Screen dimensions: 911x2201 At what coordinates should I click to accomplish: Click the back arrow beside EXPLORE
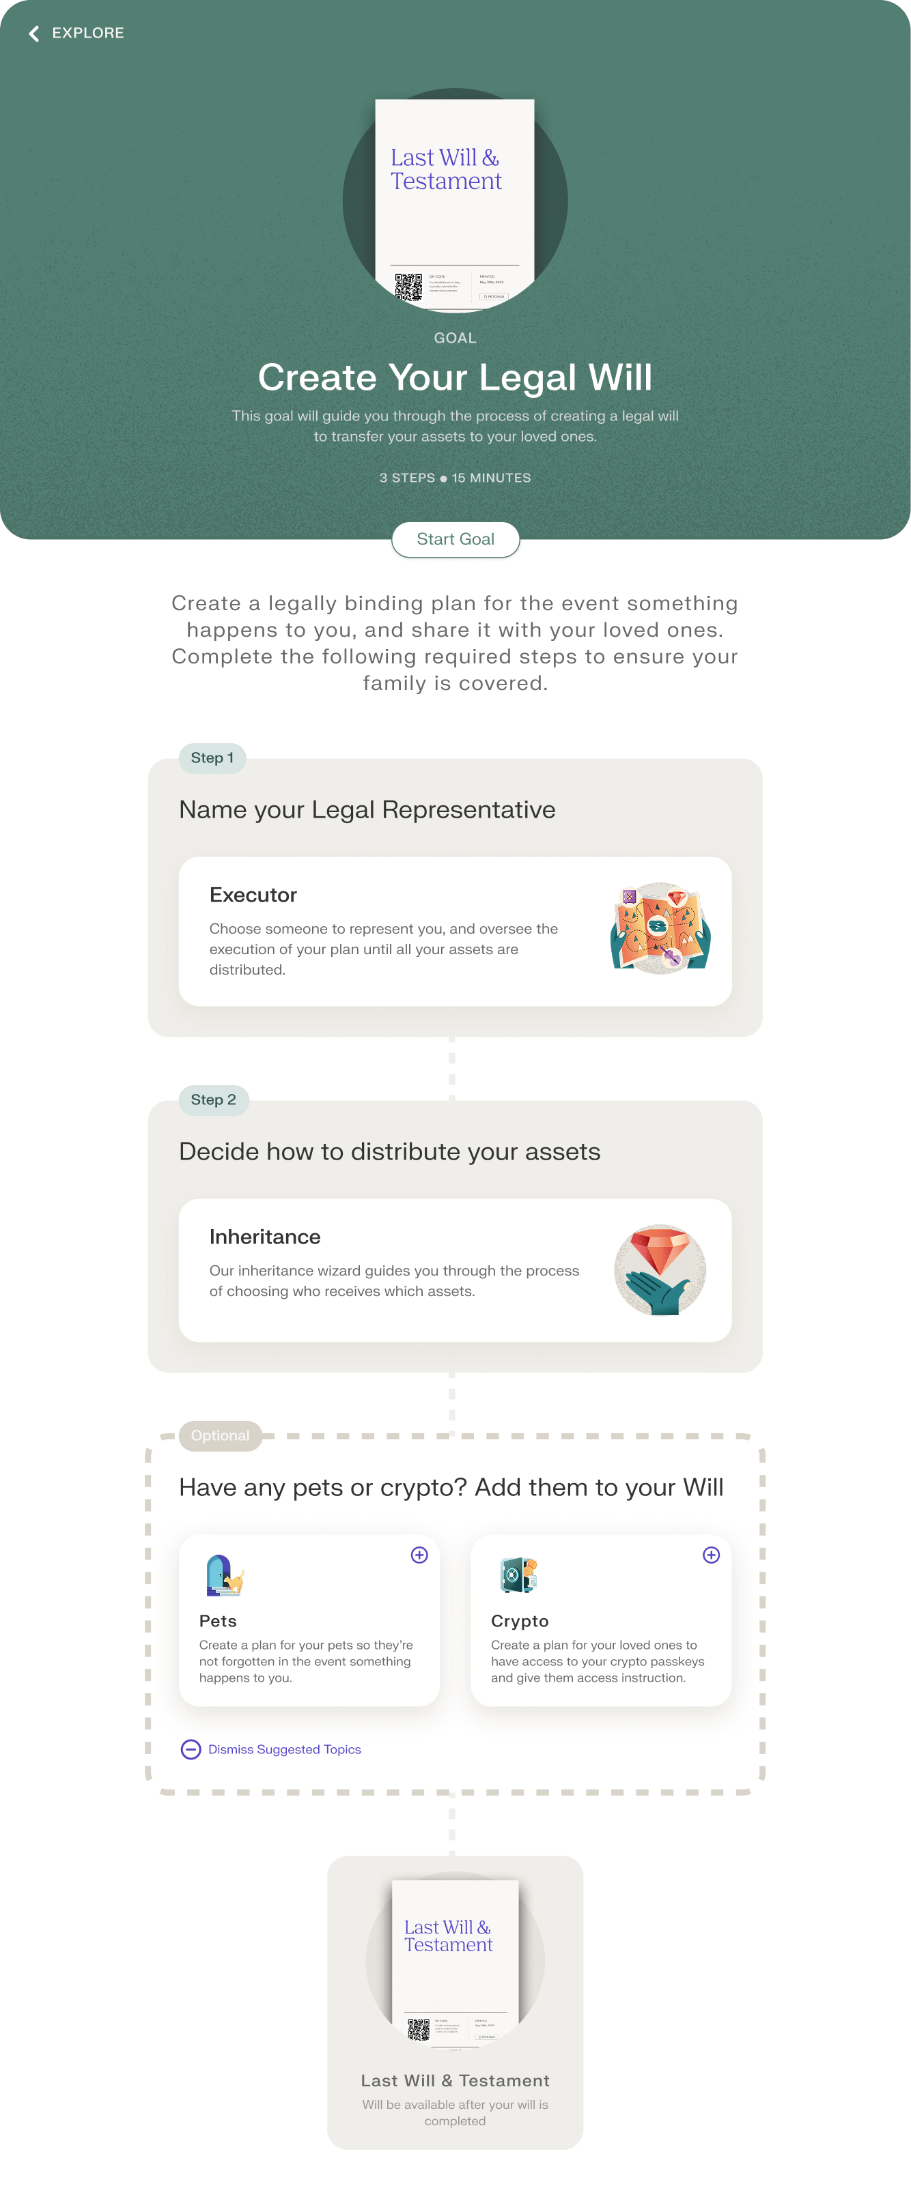pos(34,33)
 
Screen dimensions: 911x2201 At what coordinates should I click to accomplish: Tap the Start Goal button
pos(455,539)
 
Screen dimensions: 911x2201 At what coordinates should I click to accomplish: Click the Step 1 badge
pos(212,758)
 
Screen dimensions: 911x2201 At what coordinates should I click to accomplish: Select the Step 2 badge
pos(214,1099)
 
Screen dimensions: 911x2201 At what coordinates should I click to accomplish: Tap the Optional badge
pos(221,1435)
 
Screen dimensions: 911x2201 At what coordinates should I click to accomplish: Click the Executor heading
pos(253,895)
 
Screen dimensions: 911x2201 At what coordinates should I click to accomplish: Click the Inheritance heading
pos(265,1237)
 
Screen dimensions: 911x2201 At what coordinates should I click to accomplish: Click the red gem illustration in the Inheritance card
pos(660,1269)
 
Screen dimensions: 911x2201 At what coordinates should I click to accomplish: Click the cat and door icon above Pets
pos(224,1576)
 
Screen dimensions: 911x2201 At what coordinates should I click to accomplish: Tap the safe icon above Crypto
pos(518,1576)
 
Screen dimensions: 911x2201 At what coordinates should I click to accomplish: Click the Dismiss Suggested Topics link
pos(285,1749)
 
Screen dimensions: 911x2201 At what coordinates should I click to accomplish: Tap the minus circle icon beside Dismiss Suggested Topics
pos(191,1749)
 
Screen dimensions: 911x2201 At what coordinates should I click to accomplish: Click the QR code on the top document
pos(408,286)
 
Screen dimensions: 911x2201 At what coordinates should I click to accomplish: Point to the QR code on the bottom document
pos(419,2028)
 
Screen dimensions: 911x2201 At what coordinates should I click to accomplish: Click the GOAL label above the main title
pos(455,339)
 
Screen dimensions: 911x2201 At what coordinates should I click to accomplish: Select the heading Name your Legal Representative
pos(367,809)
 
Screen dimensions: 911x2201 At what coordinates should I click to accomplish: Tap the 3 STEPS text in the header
pos(407,478)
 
